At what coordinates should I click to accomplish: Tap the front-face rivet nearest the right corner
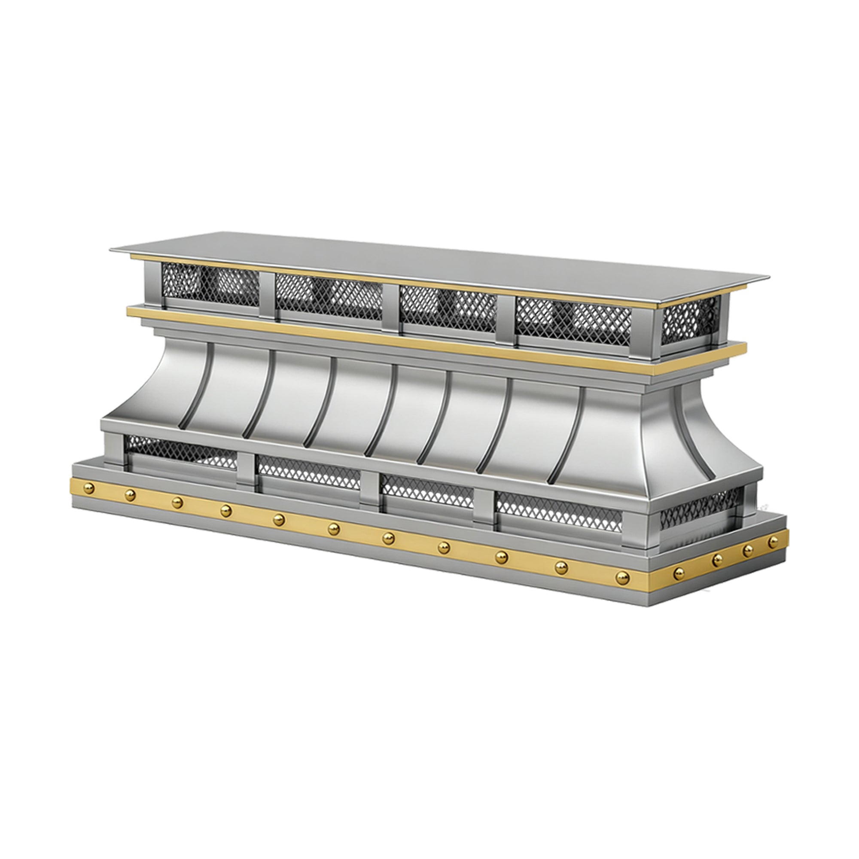(622, 577)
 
